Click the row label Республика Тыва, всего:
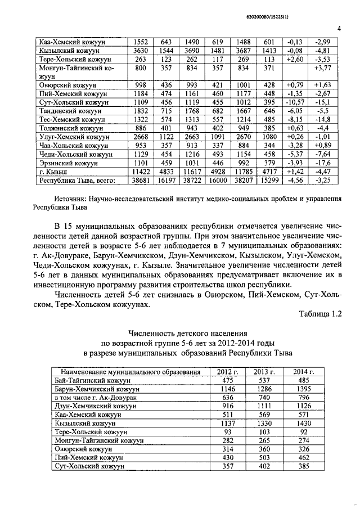[x=76, y=180]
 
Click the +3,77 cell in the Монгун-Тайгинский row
[x=323, y=68]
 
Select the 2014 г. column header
[x=304, y=372]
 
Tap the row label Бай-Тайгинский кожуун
[x=93, y=380]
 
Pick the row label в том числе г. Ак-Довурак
[x=98, y=397]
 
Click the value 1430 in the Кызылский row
[x=304, y=422]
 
